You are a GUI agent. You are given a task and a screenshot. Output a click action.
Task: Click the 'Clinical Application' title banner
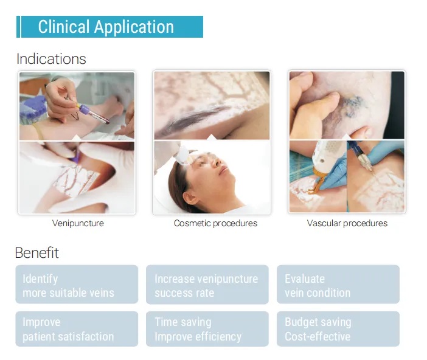tap(109, 27)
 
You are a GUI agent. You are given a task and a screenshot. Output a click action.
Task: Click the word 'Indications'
tap(51, 59)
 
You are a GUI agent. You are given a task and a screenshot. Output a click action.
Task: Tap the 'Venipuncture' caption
tap(78, 223)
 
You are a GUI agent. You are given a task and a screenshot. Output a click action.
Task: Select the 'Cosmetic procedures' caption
tap(215, 223)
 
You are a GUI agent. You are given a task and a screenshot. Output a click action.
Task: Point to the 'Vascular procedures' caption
tap(347, 223)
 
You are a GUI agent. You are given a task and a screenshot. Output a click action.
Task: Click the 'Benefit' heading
tap(36, 253)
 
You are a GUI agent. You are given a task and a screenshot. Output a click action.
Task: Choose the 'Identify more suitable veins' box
tap(77, 285)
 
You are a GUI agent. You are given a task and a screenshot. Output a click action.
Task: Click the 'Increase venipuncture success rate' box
tap(207, 285)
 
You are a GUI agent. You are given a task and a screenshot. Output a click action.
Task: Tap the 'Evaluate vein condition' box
tap(338, 285)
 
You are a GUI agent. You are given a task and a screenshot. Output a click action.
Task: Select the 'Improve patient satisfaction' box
tap(77, 329)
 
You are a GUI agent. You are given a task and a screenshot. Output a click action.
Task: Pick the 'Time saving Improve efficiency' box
tap(207, 329)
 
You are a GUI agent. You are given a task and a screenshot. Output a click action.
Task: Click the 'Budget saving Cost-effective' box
tap(338, 329)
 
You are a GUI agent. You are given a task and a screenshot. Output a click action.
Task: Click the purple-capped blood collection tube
tap(94, 114)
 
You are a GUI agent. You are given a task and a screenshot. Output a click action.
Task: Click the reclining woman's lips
tap(223, 170)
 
